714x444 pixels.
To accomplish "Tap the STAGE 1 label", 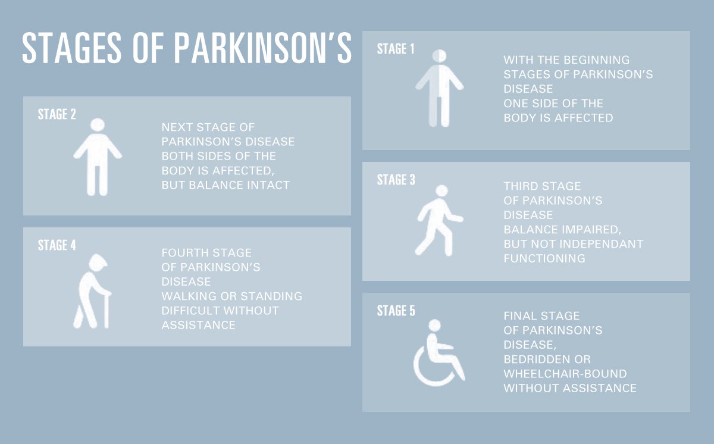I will (x=396, y=49).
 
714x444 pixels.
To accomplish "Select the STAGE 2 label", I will (x=57, y=114).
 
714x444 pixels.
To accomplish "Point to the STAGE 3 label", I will (x=396, y=180).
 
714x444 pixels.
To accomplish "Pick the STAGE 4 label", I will (x=57, y=245).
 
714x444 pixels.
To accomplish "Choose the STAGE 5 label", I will (x=396, y=311).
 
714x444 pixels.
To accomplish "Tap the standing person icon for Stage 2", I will (x=98, y=157).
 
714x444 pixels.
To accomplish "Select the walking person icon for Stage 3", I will (x=439, y=220).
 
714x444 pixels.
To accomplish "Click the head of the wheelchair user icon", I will (x=435, y=325).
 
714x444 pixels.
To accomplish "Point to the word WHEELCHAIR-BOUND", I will (x=565, y=374).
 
